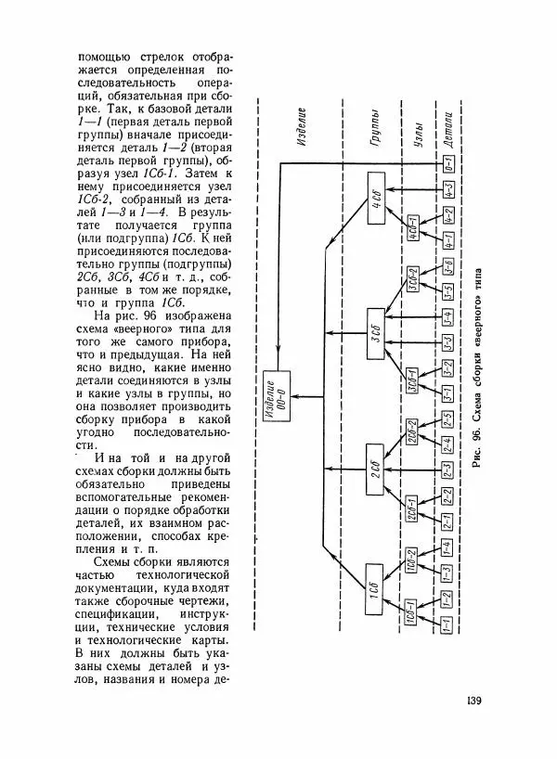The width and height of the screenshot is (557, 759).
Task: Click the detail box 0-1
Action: tap(447, 168)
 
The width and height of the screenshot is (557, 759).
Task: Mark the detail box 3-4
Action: tap(447, 320)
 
